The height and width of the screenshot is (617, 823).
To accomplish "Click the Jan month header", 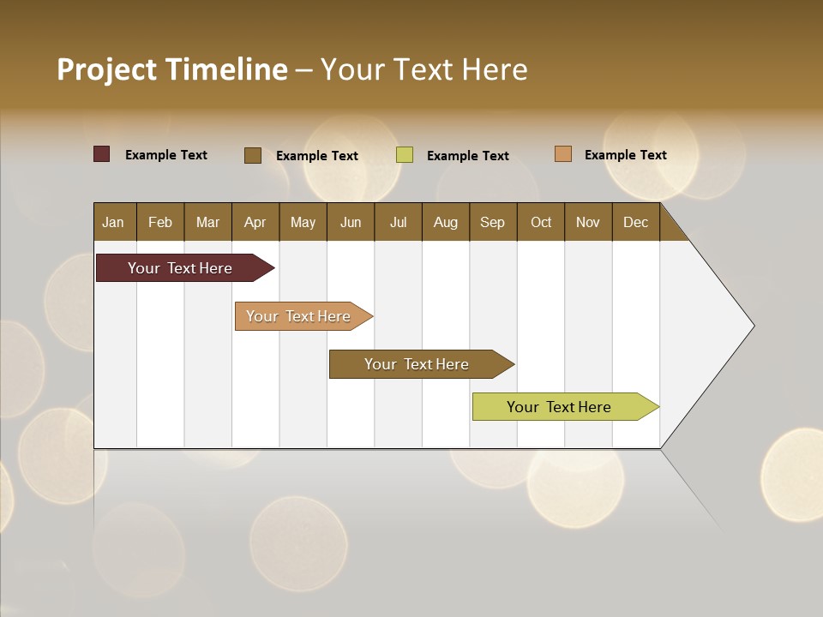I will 114,222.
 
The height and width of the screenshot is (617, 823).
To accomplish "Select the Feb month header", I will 160,222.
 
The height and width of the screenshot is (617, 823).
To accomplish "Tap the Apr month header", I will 255,222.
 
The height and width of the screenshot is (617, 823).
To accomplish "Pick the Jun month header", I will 351,222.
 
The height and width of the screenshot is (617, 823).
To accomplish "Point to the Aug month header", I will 446,222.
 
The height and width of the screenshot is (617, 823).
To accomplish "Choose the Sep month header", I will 493,222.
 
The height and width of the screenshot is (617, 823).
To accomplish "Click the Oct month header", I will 541,222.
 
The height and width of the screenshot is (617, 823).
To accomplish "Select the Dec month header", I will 636,222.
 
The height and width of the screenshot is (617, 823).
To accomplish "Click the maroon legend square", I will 102,154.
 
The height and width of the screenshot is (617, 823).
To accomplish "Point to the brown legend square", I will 253,155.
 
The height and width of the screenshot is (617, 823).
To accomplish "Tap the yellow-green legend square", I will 405,155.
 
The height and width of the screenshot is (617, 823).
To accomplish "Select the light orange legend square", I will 563,154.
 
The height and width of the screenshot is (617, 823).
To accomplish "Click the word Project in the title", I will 106,69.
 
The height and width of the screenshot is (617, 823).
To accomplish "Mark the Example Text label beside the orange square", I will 625,155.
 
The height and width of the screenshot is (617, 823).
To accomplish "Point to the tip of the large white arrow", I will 752,326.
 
